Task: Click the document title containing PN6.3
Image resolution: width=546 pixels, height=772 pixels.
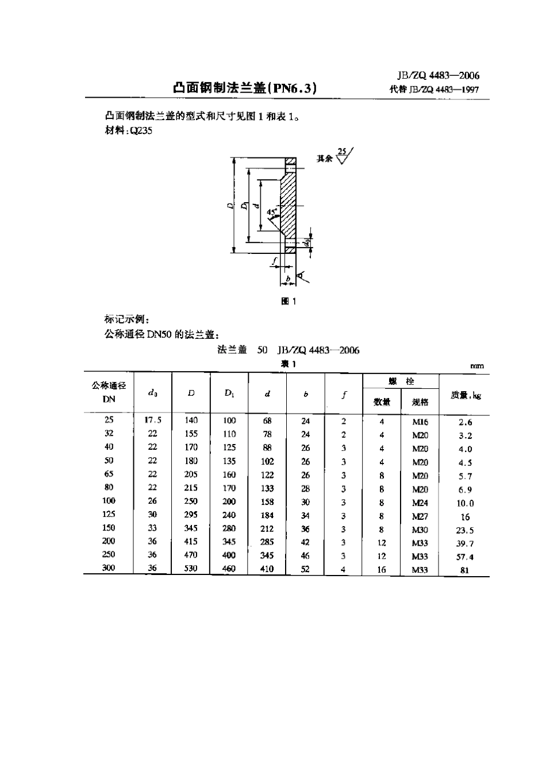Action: click(244, 88)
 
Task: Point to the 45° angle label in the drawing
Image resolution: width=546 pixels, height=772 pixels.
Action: click(271, 211)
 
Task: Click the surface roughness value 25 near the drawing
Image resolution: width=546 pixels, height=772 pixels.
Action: click(343, 152)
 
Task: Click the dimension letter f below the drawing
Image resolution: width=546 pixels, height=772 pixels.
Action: click(276, 260)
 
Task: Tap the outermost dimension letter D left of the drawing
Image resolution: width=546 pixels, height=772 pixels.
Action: click(229, 205)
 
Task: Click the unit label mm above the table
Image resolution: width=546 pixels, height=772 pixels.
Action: click(476, 366)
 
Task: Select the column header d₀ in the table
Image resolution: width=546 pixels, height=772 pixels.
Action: click(152, 393)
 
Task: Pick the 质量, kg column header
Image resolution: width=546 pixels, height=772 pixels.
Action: click(465, 395)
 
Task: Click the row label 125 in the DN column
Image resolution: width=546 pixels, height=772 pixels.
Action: click(109, 514)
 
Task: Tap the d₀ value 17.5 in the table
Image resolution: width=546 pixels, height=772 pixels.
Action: click(153, 420)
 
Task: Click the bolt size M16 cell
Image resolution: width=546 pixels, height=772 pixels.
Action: click(420, 422)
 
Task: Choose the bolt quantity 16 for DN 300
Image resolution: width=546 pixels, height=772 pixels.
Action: click(382, 570)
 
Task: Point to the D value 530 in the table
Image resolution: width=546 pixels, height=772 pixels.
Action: click(191, 568)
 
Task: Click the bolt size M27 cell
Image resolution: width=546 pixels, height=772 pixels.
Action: click(420, 516)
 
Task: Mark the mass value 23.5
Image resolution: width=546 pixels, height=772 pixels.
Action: click(466, 530)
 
